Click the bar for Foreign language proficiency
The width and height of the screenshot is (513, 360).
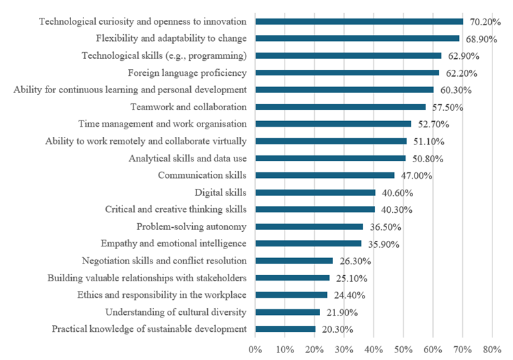tap(347, 73)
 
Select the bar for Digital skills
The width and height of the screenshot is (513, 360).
tap(315, 192)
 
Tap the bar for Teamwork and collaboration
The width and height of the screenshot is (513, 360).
tap(340, 107)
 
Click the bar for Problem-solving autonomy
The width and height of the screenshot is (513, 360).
tap(309, 227)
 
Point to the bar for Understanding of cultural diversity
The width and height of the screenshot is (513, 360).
tap(287, 312)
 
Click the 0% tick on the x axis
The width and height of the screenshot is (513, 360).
tap(255, 350)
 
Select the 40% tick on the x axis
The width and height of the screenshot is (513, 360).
tap(373, 350)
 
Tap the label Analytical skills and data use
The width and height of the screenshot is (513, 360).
tap(187, 158)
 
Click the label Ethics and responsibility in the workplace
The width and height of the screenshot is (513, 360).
tap(151, 295)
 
